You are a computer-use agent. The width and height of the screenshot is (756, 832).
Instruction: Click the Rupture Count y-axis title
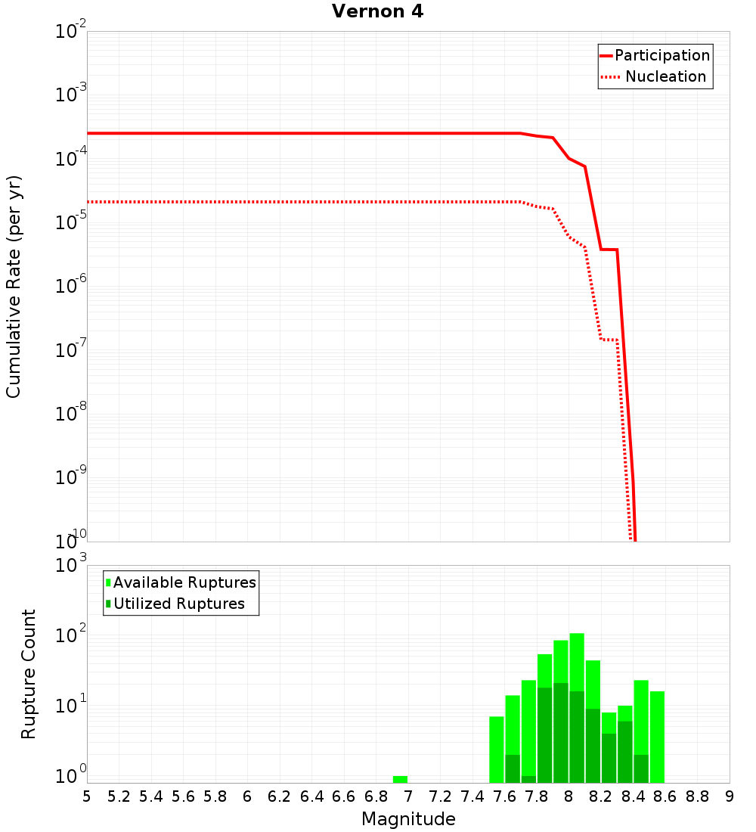coord(29,674)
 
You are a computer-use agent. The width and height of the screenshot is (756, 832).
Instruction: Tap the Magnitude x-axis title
coord(408,819)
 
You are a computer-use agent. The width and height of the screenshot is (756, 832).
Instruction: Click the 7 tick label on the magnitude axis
coord(408,796)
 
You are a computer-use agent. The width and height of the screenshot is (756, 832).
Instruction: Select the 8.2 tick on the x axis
coord(601,796)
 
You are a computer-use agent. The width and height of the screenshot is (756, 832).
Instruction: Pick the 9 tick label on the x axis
coord(730,796)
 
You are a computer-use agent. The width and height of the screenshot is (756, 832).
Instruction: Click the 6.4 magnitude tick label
coord(311,796)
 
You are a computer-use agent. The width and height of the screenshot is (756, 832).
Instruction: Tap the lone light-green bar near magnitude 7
coord(400,779)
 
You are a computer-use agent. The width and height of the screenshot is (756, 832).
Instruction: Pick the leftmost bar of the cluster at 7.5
coord(497,750)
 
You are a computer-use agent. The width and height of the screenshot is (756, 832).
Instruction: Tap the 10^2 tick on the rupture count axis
coord(73,635)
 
